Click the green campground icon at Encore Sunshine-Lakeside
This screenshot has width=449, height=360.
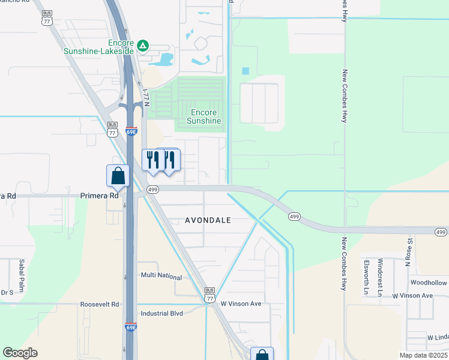coord(143,45)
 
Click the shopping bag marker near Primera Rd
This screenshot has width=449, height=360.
coord(118,176)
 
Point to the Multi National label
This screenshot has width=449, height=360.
coord(161,277)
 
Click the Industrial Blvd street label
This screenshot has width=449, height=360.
coord(161,313)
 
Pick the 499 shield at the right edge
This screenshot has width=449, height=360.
coord(441,232)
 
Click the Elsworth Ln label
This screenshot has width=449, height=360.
coord(365,268)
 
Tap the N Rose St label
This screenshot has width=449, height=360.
coord(411,247)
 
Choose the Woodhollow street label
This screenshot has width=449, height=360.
coord(429,283)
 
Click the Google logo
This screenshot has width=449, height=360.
coord(20,353)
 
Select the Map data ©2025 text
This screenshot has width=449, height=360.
coord(423,355)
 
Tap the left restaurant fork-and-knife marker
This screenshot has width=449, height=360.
coord(152,160)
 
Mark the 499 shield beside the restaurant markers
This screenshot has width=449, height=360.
coord(152,190)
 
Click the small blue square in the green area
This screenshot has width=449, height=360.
coord(245,71)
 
